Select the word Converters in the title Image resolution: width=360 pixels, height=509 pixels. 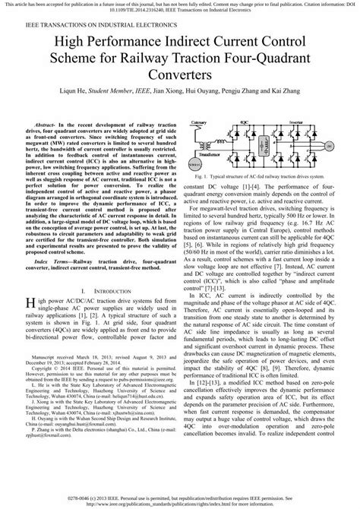point(180,75)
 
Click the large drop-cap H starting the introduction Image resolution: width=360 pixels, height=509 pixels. point(31,305)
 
